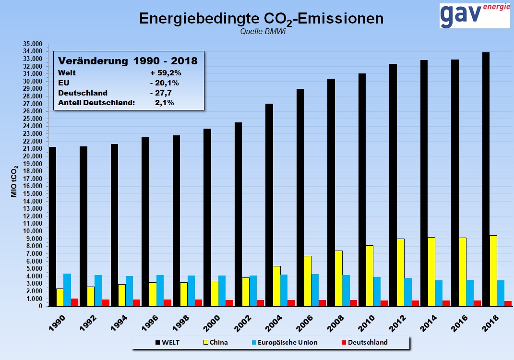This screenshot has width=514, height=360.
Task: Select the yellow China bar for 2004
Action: [x=276, y=286]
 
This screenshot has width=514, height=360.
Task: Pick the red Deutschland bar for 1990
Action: [x=74, y=302]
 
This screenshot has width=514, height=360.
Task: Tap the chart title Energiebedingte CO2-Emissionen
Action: [x=261, y=18]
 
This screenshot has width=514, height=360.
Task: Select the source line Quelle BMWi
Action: [x=260, y=31]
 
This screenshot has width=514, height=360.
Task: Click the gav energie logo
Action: [x=474, y=15]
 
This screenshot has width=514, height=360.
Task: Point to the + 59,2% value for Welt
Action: [x=165, y=73]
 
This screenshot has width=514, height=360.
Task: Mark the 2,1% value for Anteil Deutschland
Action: [x=164, y=102]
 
